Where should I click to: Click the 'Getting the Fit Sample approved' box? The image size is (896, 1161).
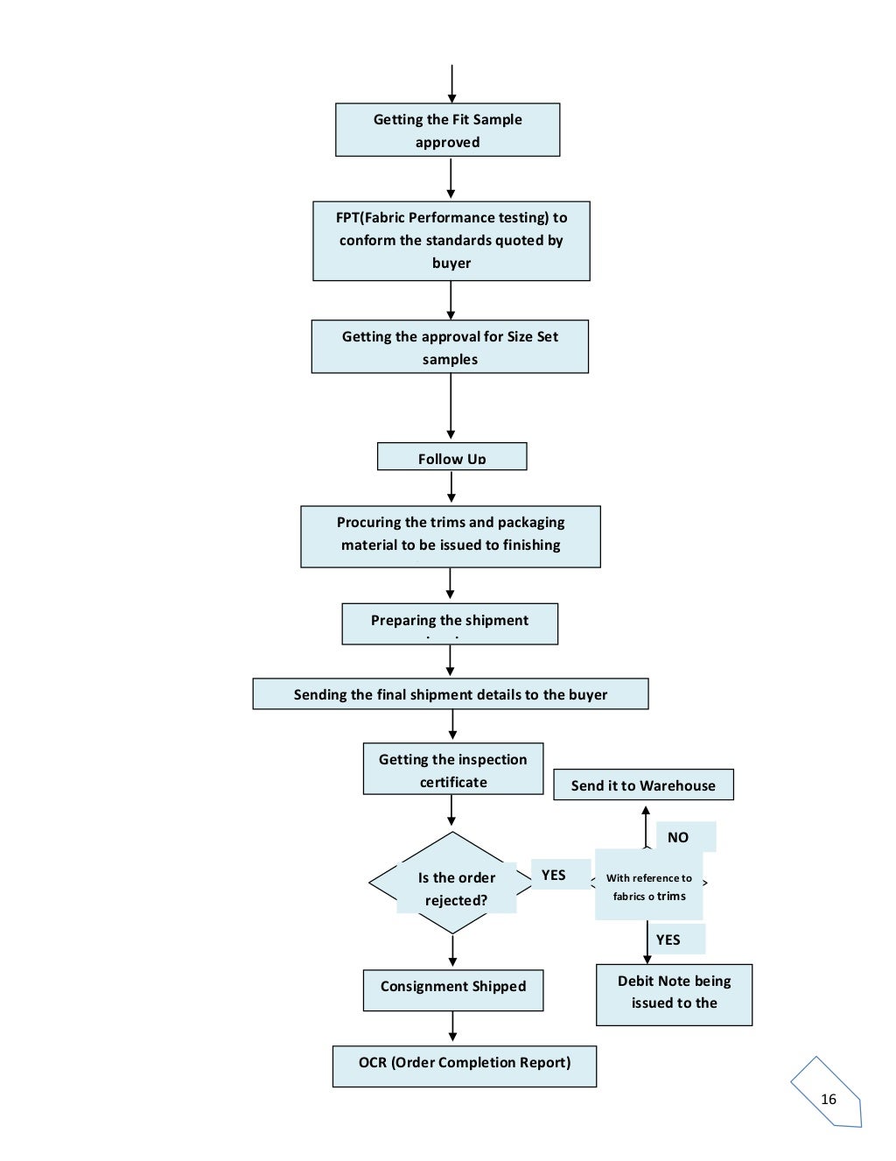pos(447,130)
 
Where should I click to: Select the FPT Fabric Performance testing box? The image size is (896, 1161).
pos(451,241)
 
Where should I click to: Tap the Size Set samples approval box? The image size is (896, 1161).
pos(450,347)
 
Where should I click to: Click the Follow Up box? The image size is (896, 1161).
pos(451,457)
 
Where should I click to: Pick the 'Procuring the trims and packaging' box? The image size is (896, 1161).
pos(450,536)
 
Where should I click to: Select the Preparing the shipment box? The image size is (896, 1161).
pos(449,623)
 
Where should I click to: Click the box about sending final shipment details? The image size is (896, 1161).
pos(450,693)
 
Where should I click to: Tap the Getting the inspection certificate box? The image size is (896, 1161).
pos(452,770)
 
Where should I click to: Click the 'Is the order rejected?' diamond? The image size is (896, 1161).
pos(455,886)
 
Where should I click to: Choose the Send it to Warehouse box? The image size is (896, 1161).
pos(642,785)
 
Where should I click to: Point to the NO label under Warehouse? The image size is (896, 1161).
pos(678,837)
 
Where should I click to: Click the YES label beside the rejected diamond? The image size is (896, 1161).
pos(553,875)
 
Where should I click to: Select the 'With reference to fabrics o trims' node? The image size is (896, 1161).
pos(648,886)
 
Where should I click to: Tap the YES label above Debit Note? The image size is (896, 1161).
pos(668,939)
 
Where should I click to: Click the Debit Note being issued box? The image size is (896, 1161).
pos(674,994)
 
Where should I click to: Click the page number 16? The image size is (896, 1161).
pos(828,1099)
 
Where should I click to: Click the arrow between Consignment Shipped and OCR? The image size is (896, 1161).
pos(452,1027)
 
